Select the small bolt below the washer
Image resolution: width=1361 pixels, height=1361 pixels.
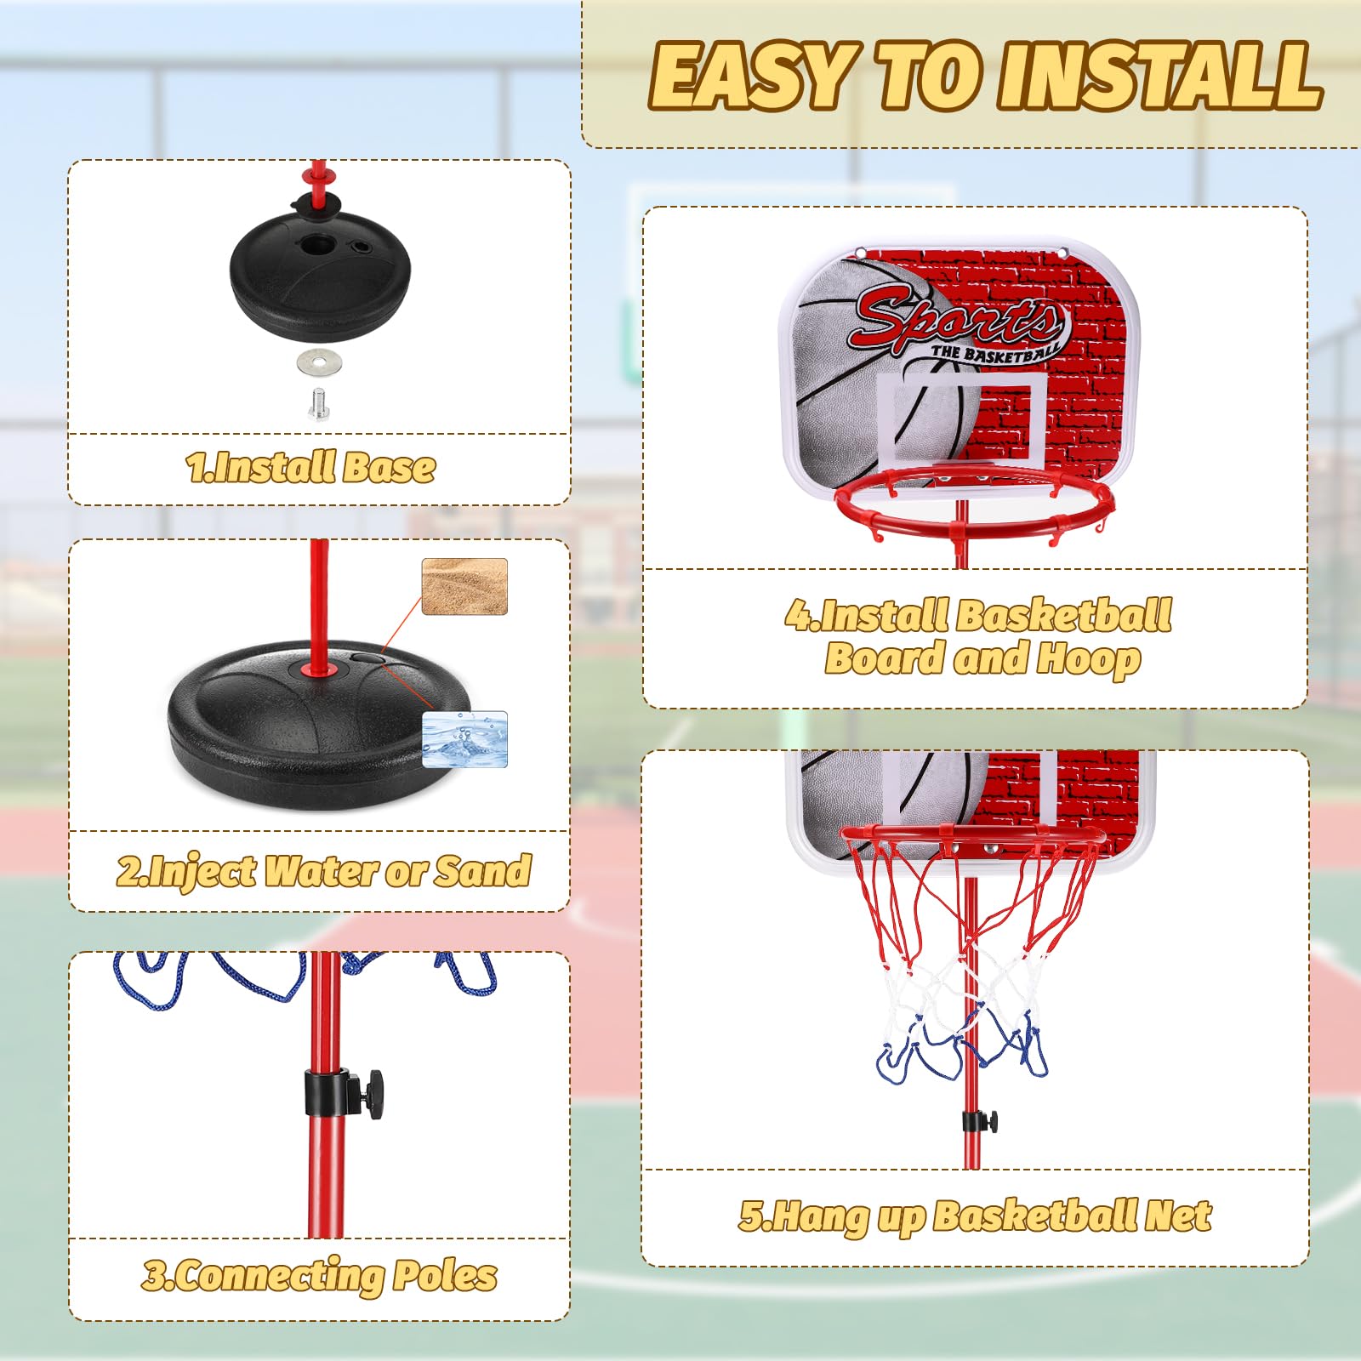pos(318,402)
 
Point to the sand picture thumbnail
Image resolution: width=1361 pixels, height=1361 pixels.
pos(464,586)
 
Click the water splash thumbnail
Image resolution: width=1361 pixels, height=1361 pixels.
pos(464,739)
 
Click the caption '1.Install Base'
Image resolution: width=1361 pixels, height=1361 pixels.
pos(310,467)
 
